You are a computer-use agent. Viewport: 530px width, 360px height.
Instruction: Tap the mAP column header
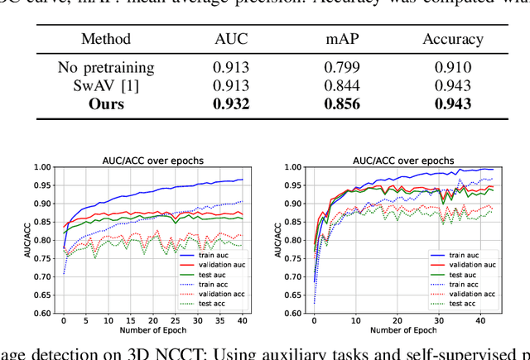pos(341,39)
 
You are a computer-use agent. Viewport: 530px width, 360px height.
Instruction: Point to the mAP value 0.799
pos(341,68)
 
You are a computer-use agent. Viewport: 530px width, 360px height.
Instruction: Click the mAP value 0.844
pos(341,85)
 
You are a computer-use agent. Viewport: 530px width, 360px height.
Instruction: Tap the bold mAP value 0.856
pos(341,103)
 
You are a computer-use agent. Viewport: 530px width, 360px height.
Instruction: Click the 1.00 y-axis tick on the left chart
pos(41,167)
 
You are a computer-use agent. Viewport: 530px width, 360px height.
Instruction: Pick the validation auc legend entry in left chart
pos(209,264)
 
